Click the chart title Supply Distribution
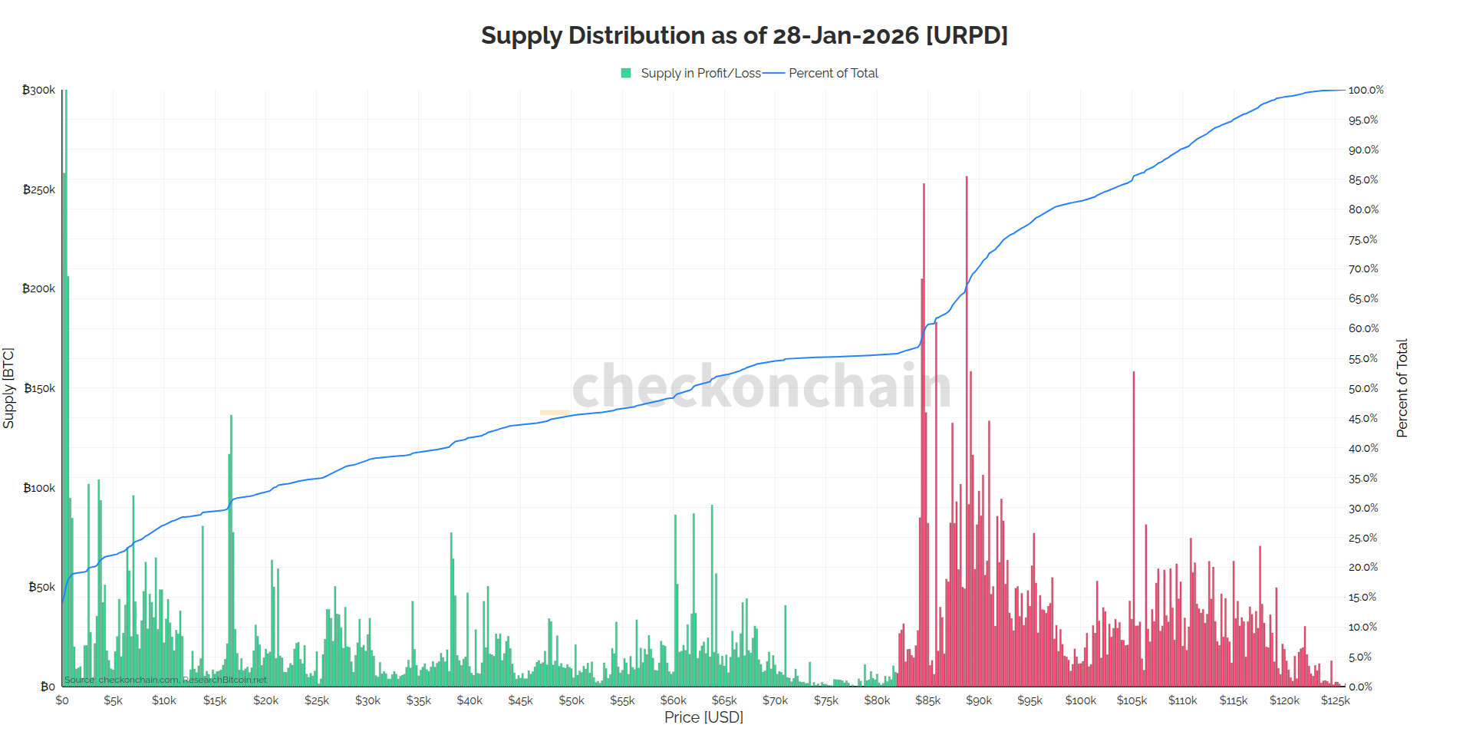(744, 35)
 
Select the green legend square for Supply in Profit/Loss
(626, 73)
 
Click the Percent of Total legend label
(833, 73)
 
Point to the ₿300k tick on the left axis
(39, 90)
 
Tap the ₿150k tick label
(39, 388)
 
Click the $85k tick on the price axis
(927, 700)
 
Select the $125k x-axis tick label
(1335, 700)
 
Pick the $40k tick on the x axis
(469, 700)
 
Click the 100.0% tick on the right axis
(1366, 90)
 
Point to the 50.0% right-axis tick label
(1363, 388)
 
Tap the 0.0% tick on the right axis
(1360, 687)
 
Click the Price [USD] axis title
(703, 717)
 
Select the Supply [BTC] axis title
(8, 388)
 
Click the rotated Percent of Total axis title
(1402, 388)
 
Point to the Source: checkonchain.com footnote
(166, 680)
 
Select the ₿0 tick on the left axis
(48, 687)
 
